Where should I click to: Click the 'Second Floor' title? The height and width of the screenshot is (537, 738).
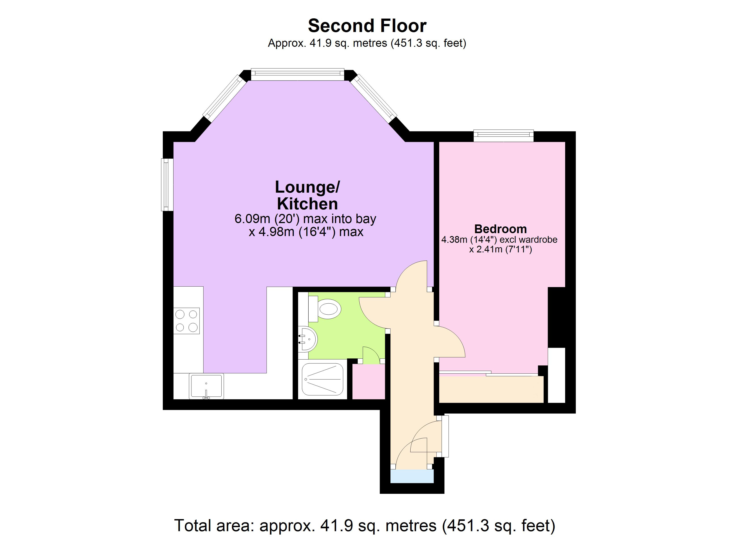(367, 26)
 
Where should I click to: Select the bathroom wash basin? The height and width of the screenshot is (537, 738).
(308, 339)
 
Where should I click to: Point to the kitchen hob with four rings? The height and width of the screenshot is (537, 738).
(187, 321)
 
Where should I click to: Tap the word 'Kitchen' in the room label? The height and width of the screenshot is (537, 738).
(307, 204)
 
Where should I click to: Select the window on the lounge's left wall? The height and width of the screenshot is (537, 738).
(167, 184)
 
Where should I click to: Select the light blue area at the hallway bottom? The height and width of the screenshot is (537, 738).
(412, 476)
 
